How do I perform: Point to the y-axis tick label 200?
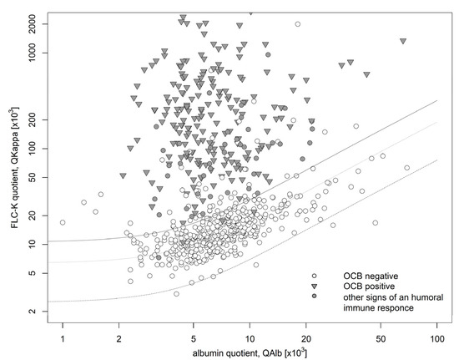[38, 121]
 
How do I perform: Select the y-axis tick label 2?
[43, 312]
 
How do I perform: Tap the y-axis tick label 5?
[43, 273]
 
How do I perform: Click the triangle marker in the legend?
[314, 286]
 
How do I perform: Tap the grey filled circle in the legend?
[314, 297]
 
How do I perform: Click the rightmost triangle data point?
[403, 41]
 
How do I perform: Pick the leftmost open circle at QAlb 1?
[63, 222]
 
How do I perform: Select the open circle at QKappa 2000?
[297, 24]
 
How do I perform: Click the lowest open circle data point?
[176, 294]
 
